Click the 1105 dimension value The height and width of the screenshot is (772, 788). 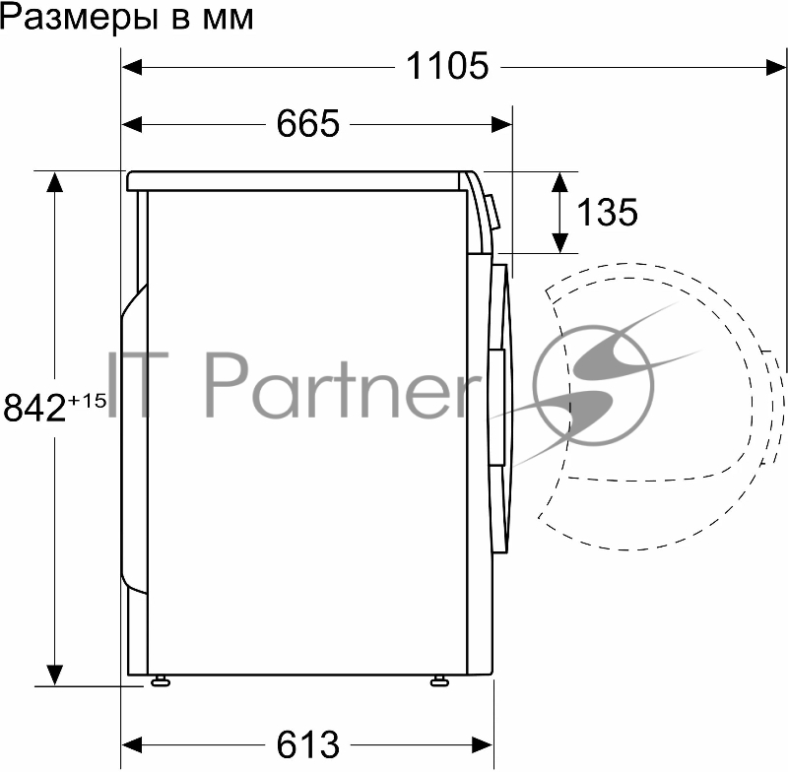pyautogui.click(x=447, y=67)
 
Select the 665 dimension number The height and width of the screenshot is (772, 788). pyautogui.click(x=307, y=124)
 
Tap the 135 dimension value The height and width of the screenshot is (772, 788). pyautogui.click(x=606, y=212)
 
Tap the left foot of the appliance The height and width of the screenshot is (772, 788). pyautogui.click(x=158, y=679)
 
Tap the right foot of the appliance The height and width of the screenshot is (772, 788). pyautogui.click(x=437, y=679)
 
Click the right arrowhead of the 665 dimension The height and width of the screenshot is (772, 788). pyautogui.click(x=503, y=124)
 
